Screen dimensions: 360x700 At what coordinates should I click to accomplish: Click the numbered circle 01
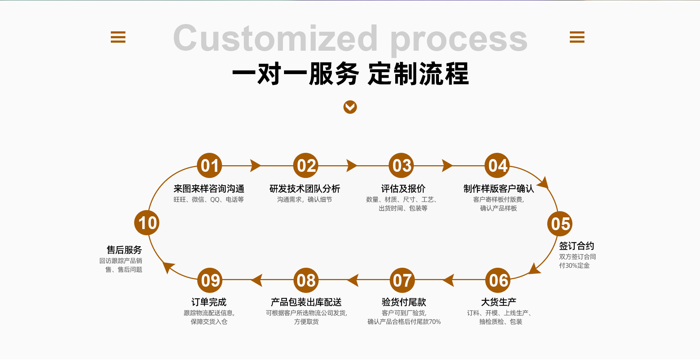click(x=209, y=166)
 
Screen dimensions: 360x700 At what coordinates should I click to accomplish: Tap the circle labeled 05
click(x=560, y=224)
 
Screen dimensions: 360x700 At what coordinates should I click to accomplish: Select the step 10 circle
click(x=147, y=223)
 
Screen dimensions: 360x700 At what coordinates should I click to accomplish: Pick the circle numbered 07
click(x=402, y=280)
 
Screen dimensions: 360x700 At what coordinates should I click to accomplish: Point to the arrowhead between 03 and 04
click(x=447, y=166)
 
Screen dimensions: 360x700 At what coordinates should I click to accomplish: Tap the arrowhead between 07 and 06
click(x=448, y=280)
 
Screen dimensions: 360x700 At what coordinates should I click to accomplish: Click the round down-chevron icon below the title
click(x=350, y=107)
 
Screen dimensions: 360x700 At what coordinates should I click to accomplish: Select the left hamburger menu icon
click(x=118, y=37)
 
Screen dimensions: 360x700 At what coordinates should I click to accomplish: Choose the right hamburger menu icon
click(x=577, y=37)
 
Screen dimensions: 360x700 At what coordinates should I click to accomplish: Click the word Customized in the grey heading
click(x=275, y=39)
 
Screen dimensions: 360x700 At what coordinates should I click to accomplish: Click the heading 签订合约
click(x=576, y=246)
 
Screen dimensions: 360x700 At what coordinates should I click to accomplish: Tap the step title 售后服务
click(x=124, y=250)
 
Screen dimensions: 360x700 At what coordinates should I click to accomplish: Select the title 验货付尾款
click(x=404, y=302)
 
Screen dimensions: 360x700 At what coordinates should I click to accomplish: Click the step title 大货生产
click(x=498, y=302)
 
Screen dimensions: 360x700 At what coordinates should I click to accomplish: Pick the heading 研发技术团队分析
click(x=304, y=189)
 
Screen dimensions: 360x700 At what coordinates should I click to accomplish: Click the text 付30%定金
click(x=574, y=266)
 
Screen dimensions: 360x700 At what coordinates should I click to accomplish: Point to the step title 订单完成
click(x=209, y=302)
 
